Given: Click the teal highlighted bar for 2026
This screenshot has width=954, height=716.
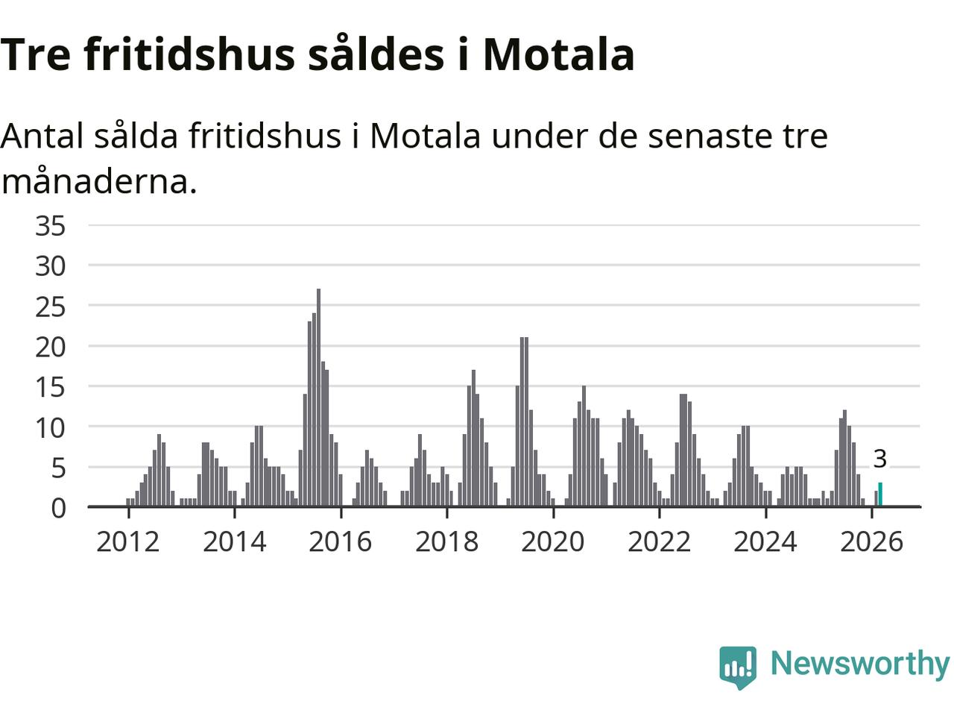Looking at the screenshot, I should (880, 494).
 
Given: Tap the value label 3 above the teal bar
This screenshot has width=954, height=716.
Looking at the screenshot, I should (879, 459).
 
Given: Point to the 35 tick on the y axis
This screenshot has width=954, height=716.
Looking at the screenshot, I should (51, 225).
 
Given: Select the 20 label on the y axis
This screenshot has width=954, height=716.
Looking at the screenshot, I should (51, 346).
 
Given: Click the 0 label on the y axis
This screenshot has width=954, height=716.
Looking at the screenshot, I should (58, 508).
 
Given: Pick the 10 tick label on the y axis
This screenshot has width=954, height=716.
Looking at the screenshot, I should (51, 427).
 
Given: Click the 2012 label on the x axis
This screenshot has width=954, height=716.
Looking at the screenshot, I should (128, 541).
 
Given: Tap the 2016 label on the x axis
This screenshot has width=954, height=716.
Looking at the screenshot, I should (341, 541).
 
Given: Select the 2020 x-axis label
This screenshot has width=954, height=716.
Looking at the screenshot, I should (553, 541).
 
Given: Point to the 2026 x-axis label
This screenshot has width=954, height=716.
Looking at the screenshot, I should (871, 541).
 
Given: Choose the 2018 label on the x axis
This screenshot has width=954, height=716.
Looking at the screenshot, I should (446, 541).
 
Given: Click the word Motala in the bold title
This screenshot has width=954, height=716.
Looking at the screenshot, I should (558, 54).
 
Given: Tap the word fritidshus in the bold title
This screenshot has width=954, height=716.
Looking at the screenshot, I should (190, 54).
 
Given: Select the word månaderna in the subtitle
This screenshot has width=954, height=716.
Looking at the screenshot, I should (98, 181).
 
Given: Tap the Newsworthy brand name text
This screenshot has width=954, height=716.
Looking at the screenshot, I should (859, 663).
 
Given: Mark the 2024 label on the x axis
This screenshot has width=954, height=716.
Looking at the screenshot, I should (765, 541).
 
